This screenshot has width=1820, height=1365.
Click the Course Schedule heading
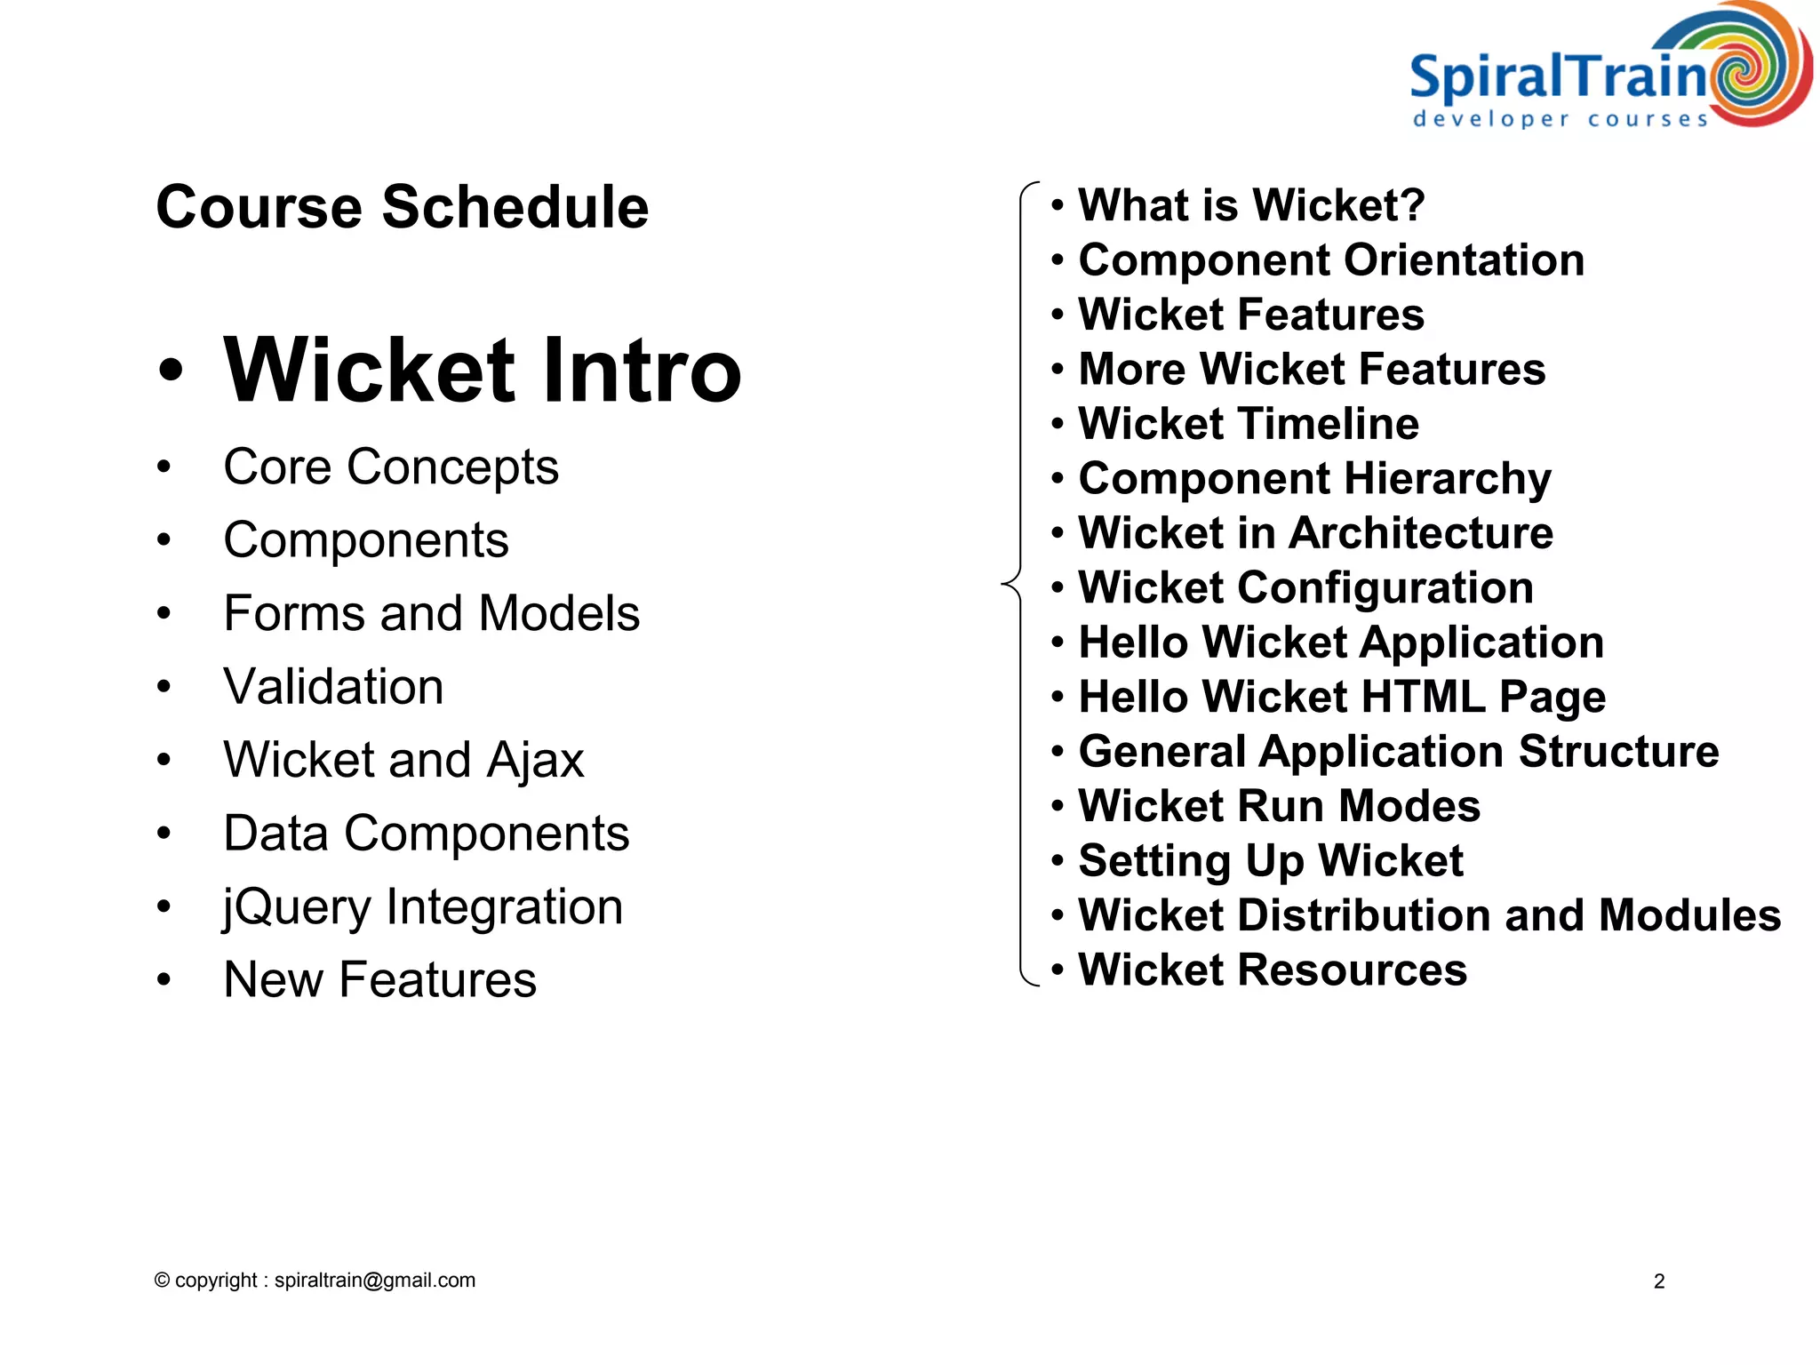tap(402, 207)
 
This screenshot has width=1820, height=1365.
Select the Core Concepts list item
tap(390, 467)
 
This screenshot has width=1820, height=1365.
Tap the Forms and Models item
tap(431, 613)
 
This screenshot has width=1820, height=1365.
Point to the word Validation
tap(333, 687)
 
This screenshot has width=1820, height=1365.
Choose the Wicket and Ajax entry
tap(403, 760)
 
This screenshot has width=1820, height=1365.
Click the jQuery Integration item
tap(423, 907)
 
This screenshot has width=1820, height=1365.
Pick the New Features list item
tap(379, 979)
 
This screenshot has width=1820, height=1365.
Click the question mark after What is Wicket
tap(1410, 205)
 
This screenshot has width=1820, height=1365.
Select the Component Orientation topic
tap(1330, 260)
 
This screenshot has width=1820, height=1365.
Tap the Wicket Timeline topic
tap(1248, 424)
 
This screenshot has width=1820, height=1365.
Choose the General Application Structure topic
tap(1398, 752)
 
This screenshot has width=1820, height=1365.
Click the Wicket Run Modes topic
tap(1279, 806)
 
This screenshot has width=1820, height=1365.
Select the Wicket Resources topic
tap(1272, 970)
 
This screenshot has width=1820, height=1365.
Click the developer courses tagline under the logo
tap(1561, 119)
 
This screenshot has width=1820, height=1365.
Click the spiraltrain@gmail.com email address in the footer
tap(374, 1281)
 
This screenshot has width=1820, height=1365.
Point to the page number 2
tap(1658, 1281)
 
